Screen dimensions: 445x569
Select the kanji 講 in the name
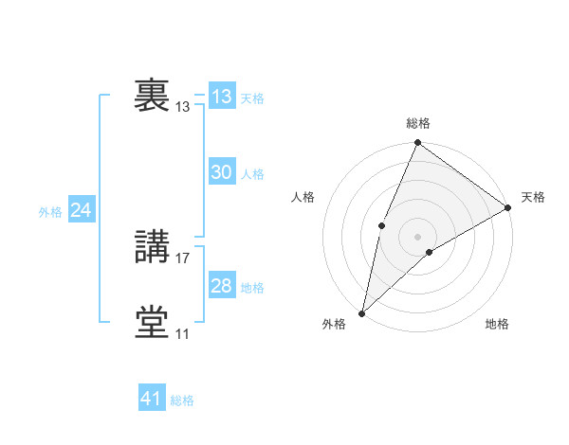pos(152,247)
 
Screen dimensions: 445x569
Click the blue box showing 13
pos(222,97)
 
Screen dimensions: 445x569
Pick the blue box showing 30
pos(222,172)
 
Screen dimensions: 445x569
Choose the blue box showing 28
pos(222,286)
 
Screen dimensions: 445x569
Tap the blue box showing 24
pos(82,210)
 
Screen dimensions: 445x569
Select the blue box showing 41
pos(152,399)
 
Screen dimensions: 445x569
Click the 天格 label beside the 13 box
pos(252,98)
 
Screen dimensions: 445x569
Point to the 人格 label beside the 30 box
pos(252,174)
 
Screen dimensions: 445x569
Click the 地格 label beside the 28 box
pos(252,288)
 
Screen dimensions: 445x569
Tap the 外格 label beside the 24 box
pos(50,212)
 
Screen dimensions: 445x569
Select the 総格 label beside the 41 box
pos(182,400)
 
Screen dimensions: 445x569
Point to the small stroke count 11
pos(183,334)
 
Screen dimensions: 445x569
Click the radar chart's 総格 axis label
pos(418,123)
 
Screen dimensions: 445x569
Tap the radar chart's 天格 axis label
pos(533,197)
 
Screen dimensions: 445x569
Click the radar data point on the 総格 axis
pos(418,143)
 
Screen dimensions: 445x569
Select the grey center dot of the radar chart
pos(417,236)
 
